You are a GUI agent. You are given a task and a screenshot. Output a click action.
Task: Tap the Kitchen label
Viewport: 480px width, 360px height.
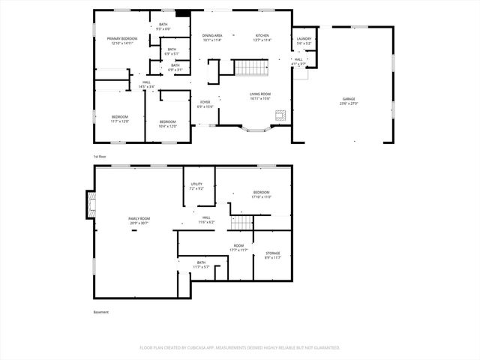(x=262, y=37)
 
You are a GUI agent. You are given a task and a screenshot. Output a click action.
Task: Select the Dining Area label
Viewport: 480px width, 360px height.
(x=212, y=37)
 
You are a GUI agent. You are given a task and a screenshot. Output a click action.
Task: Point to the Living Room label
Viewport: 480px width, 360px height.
(x=260, y=96)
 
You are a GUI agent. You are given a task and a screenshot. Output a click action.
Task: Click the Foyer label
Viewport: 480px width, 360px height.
(x=205, y=104)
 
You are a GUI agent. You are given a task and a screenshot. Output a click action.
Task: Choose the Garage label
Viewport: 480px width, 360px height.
(x=349, y=100)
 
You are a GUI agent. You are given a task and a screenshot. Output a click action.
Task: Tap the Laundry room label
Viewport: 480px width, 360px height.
(x=304, y=40)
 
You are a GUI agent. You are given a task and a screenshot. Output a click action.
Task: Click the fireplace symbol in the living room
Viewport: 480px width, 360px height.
(x=280, y=115)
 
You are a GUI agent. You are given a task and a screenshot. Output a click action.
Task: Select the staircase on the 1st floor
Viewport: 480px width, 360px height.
(x=253, y=68)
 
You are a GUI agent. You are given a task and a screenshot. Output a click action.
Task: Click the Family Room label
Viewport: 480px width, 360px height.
(x=139, y=220)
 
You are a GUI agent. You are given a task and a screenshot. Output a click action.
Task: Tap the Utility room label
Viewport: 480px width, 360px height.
(x=196, y=186)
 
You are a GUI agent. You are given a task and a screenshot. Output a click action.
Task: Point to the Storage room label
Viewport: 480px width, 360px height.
(x=273, y=255)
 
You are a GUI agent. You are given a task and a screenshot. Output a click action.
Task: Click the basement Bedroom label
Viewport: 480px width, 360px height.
(x=261, y=194)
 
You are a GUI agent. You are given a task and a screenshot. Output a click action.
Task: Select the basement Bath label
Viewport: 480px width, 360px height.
(x=201, y=265)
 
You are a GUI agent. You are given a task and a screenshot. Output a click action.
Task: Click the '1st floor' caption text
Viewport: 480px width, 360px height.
(x=100, y=156)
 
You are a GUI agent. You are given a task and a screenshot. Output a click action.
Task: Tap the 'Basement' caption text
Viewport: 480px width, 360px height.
(x=100, y=312)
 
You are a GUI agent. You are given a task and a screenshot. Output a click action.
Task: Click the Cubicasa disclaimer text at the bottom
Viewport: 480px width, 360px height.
(x=240, y=347)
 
